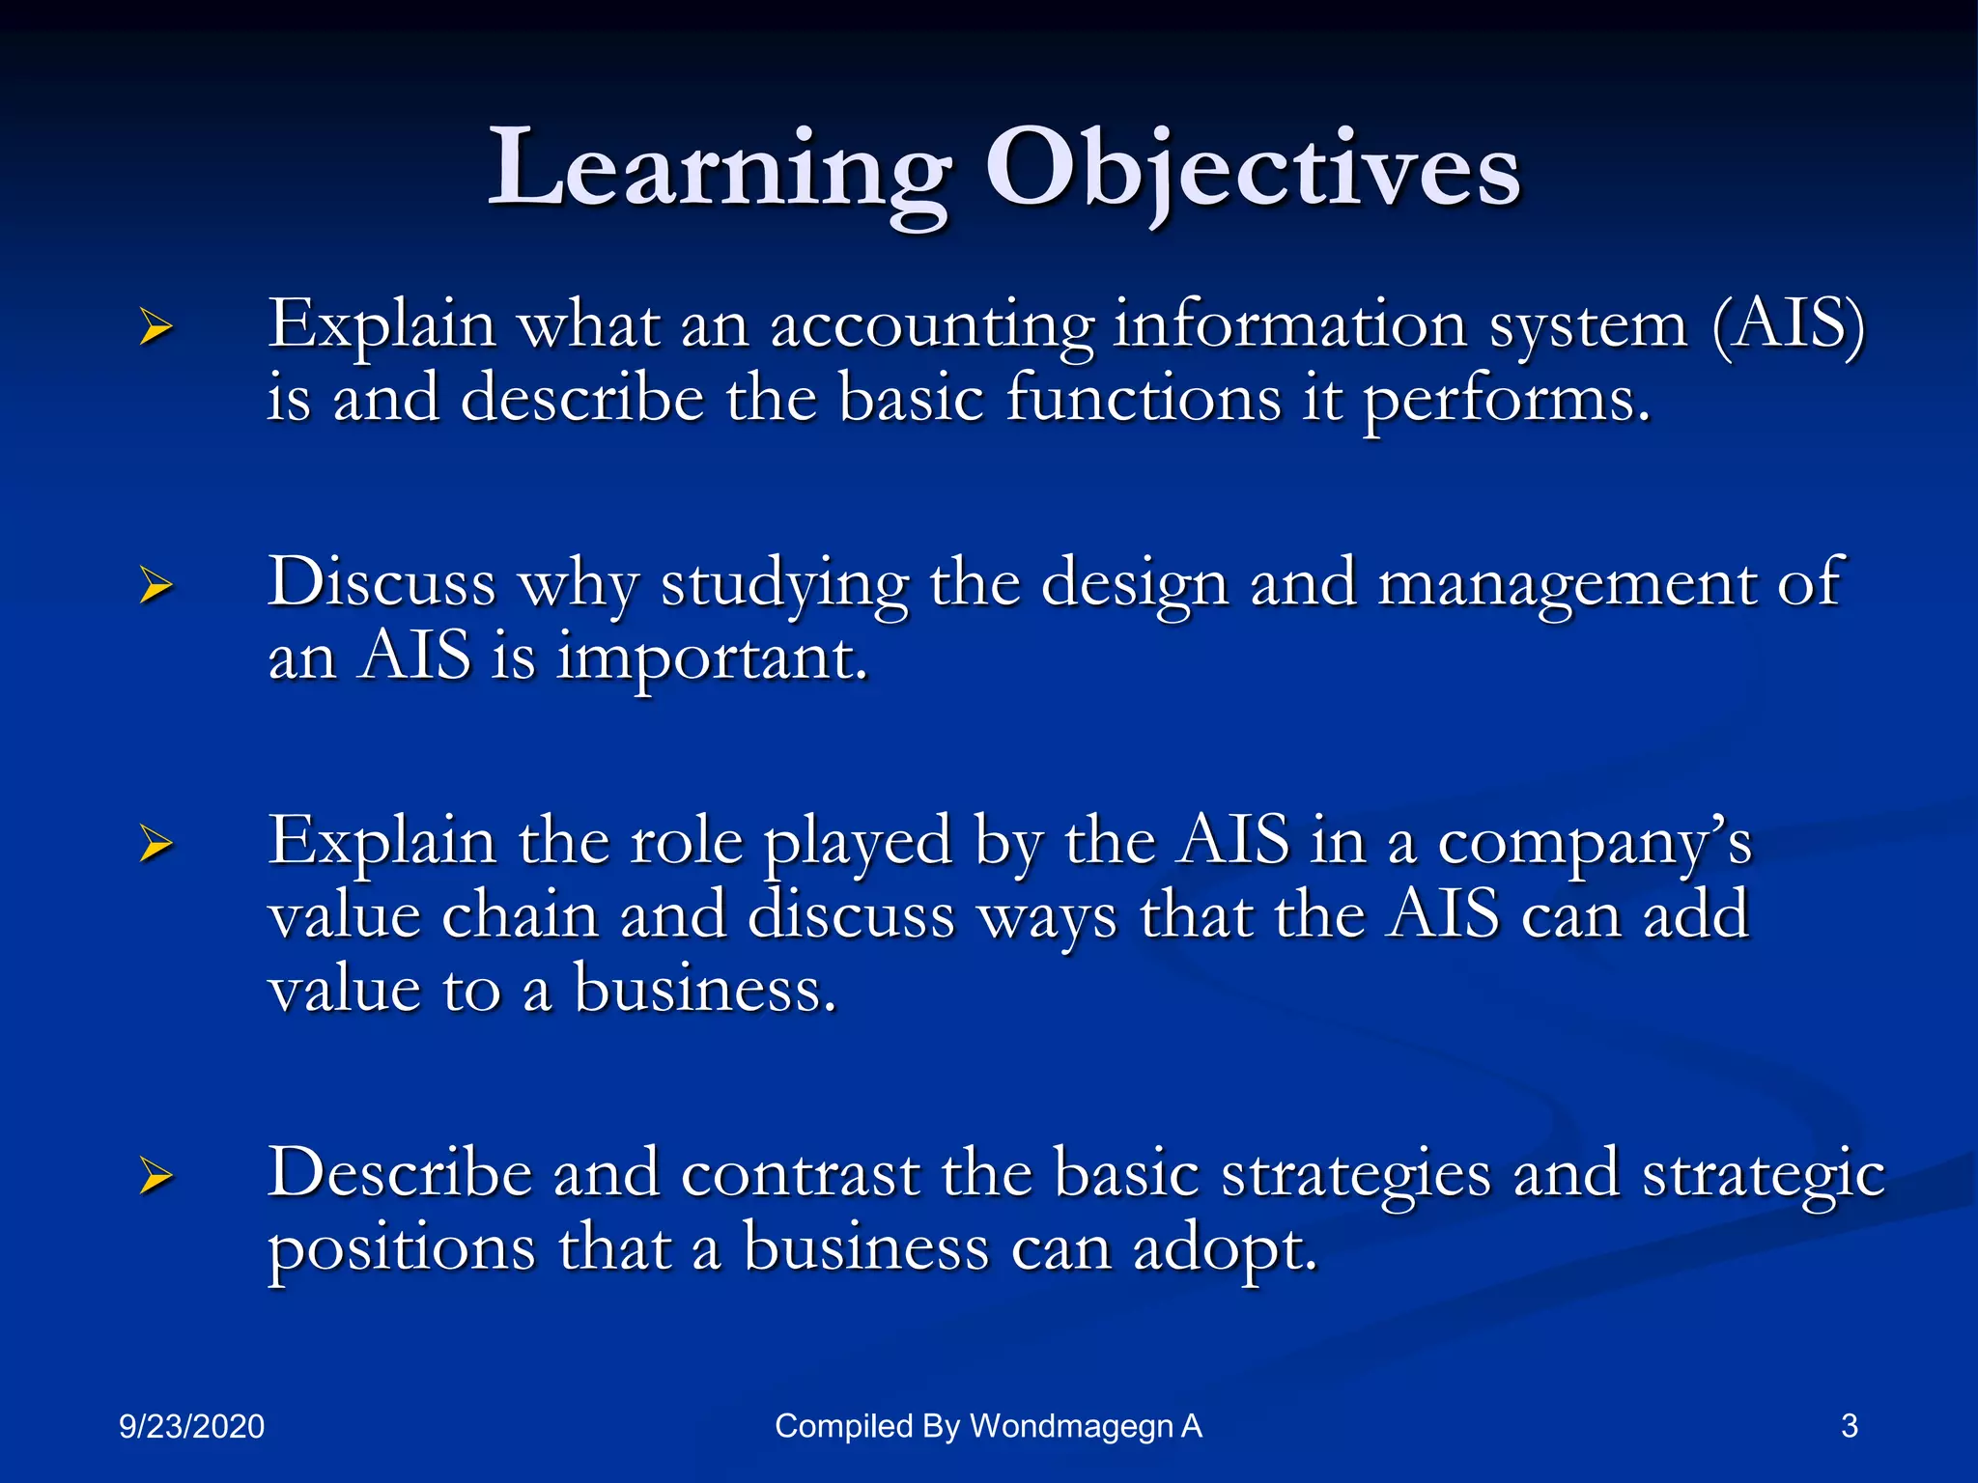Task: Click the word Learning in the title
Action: pos(720,172)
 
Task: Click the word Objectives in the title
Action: pos(1252,172)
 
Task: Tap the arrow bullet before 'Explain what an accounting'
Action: pos(155,326)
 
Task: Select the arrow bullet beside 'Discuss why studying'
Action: pos(155,585)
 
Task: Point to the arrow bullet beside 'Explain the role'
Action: pos(155,843)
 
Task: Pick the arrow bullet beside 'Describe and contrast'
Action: pos(155,1175)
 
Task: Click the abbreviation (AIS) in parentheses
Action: pos(1788,325)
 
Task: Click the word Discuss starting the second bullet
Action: pos(381,584)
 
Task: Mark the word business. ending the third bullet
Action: pos(705,990)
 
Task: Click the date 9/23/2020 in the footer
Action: pos(191,1426)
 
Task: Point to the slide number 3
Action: pos(1849,1426)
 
